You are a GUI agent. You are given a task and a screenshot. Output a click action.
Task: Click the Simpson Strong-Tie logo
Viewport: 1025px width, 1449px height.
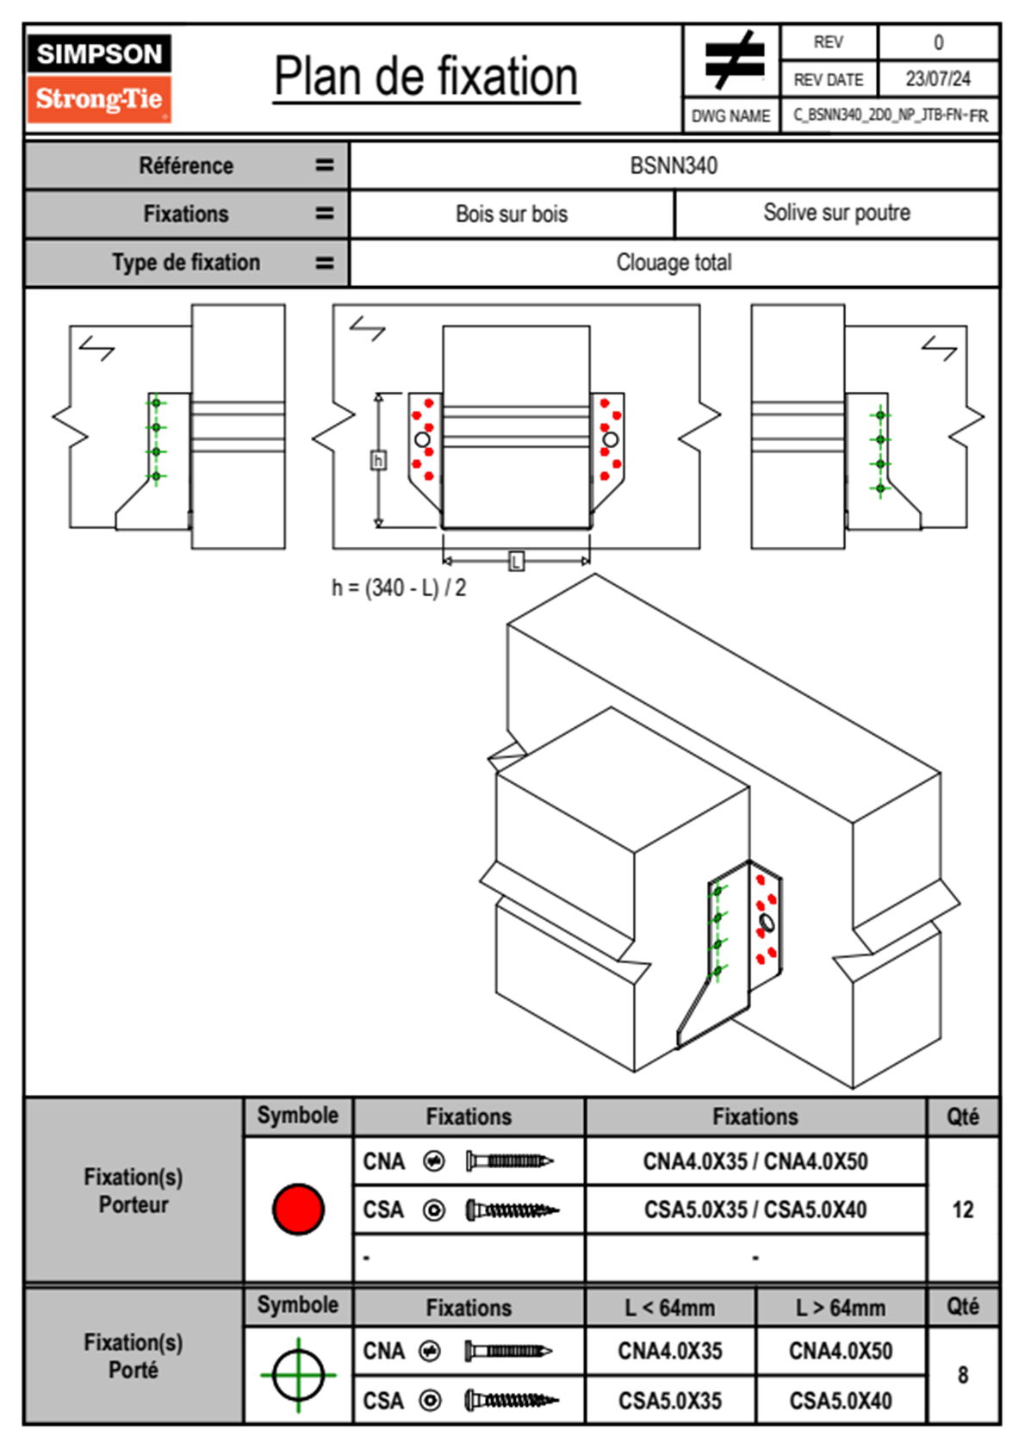click(x=99, y=78)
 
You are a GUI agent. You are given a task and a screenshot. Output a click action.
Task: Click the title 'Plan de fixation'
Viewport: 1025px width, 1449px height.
click(x=426, y=77)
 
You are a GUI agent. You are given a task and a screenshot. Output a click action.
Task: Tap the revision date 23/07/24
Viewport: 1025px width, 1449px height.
click(x=937, y=79)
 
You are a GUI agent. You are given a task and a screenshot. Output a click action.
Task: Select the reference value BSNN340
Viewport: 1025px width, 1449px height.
click(x=674, y=165)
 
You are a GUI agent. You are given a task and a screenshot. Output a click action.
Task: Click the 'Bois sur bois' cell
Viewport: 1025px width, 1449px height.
click(x=512, y=214)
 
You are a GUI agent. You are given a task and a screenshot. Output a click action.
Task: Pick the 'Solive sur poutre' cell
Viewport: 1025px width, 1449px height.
click(x=836, y=213)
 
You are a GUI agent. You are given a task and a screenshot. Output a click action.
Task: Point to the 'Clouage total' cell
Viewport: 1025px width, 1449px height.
click(x=674, y=262)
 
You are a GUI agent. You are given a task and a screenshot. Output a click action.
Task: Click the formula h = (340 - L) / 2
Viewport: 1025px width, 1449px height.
click(x=399, y=588)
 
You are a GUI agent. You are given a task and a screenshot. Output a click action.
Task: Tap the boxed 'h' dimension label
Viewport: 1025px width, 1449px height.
click(x=378, y=461)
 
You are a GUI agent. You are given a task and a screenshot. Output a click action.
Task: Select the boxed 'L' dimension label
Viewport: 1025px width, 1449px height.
click(x=516, y=562)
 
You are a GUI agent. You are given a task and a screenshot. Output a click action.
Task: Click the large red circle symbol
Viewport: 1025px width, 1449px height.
click(x=298, y=1209)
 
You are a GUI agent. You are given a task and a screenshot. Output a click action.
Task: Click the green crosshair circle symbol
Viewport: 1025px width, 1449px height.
click(x=298, y=1375)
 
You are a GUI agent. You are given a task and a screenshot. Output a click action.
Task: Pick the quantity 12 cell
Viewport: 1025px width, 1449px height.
click(x=962, y=1210)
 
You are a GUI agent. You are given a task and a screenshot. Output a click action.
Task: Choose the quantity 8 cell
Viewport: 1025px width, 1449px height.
click(x=962, y=1375)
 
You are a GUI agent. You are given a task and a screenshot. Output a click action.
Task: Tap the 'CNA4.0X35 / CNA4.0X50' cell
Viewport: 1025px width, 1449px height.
click(x=755, y=1161)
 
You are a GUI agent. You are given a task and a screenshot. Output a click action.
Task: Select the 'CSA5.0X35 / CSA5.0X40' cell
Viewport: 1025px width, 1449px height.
click(x=755, y=1210)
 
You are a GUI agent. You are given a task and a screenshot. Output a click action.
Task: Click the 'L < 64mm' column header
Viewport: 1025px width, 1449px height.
click(x=670, y=1308)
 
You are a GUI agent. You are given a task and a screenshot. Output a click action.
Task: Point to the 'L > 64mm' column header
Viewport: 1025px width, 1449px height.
click(x=841, y=1308)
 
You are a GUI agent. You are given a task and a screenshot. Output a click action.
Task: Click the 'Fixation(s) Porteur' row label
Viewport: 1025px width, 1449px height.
click(x=134, y=1191)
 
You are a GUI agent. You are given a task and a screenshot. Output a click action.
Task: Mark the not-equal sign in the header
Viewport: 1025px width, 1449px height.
click(x=732, y=60)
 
